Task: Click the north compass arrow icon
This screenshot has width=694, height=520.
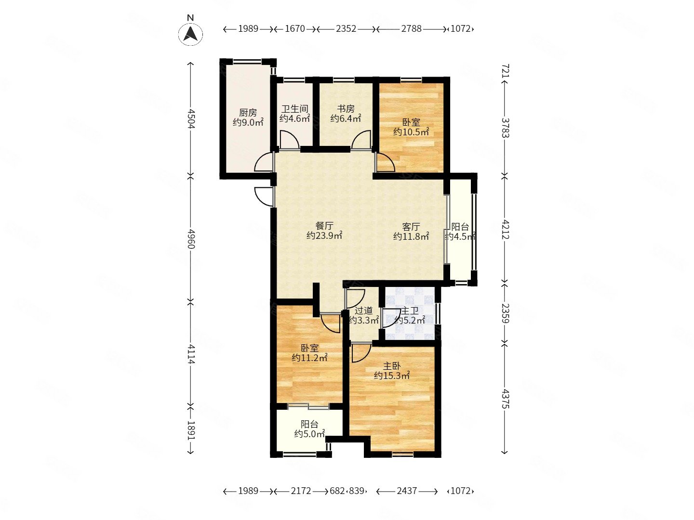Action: [x=190, y=34]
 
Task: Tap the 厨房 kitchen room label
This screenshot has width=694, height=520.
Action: [x=248, y=112]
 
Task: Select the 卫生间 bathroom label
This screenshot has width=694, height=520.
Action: [x=294, y=109]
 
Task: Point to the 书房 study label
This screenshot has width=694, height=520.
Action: [x=346, y=109]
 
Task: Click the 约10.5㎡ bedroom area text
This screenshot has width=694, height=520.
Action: [x=411, y=131]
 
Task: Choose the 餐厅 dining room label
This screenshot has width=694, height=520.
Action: [x=324, y=226]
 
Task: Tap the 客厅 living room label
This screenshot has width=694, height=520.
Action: [x=411, y=226]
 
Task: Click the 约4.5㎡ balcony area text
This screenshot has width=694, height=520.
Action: [x=460, y=236]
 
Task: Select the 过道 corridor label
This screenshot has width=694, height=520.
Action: [x=363, y=311]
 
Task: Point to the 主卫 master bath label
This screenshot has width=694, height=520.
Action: [x=410, y=311]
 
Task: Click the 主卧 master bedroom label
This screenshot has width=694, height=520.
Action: [x=392, y=366]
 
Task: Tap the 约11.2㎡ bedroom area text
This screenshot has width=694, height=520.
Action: [x=309, y=358]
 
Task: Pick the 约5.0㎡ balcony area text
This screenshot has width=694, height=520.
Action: [x=309, y=434]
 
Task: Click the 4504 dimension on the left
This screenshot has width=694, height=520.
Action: [x=191, y=119]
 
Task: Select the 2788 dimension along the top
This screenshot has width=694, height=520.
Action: [x=412, y=29]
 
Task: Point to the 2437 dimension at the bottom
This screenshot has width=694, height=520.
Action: [x=407, y=491]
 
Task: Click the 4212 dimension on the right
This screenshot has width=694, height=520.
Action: [x=505, y=229]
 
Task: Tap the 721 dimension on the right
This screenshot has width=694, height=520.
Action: [x=505, y=71]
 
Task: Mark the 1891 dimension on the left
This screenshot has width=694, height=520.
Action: [x=191, y=430]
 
